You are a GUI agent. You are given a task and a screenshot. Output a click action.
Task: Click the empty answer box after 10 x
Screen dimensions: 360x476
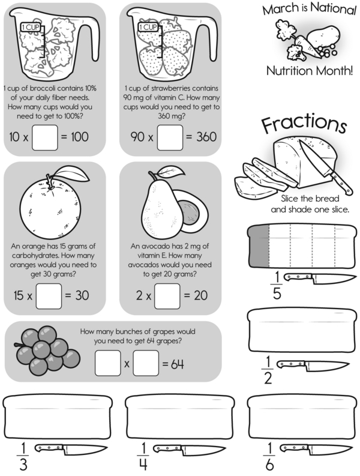(x=45, y=137)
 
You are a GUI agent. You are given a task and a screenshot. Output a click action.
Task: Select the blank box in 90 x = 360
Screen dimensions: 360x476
(x=170, y=137)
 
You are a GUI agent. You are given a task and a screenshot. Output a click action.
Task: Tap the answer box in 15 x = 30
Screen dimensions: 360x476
(x=49, y=296)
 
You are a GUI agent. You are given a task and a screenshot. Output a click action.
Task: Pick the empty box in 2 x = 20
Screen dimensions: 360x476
(x=167, y=296)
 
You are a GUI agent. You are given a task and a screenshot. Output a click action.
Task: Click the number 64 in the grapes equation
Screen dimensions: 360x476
(x=177, y=364)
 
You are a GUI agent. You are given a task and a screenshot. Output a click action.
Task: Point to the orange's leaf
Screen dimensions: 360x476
(x=72, y=173)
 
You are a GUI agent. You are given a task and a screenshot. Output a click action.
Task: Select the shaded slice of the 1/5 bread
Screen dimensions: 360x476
(x=259, y=246)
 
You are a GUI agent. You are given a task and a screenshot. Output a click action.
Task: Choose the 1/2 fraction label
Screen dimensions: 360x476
(x=268, y=370)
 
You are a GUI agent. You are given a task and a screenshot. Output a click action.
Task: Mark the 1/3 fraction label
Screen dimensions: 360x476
(x=23, y=456)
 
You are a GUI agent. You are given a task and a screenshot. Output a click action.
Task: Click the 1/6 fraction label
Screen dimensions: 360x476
(x=269, y=456)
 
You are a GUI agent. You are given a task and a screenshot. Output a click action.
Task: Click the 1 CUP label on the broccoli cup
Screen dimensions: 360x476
(x=31, y=28)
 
